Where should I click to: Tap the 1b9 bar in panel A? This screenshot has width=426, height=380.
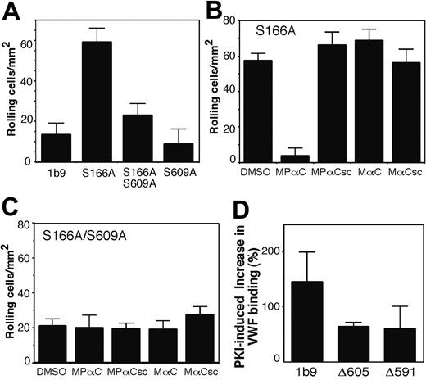pos(56,147)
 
